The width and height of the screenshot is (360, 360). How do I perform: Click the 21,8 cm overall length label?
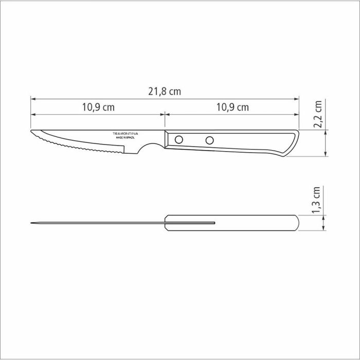[x=165, y=92]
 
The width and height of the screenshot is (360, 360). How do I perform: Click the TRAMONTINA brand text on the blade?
[x=126, y=133]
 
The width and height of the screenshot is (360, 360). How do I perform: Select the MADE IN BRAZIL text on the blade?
[x=126, y=138]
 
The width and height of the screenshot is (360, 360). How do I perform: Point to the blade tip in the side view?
[x=32, y=132]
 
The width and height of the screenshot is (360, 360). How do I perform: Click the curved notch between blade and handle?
[x=150, y=148]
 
